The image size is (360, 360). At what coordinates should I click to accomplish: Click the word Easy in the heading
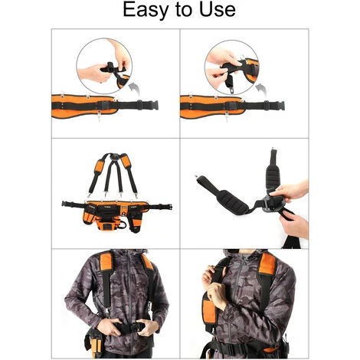[145, 10]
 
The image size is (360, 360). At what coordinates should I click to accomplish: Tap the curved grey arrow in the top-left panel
[134, 89]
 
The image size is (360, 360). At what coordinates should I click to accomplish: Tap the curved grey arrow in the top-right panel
[261, 90]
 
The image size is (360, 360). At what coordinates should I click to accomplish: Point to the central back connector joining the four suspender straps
[115, 156]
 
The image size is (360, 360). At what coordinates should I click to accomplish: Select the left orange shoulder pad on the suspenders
[100, 166]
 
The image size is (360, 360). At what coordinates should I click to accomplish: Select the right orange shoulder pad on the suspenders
[126, 162]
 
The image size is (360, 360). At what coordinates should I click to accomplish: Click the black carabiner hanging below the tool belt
[123, 225]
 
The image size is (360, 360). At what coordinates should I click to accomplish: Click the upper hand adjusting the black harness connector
[290, 189]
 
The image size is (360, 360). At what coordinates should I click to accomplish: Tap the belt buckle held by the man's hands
[129, 326]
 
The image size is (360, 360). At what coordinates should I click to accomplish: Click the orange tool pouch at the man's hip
[95, 343]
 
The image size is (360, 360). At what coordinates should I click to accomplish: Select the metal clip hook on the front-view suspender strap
[106, 311]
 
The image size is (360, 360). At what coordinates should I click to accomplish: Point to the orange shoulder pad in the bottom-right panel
[267, 263]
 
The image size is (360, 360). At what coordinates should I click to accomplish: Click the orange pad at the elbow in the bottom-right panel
[209, 309]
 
